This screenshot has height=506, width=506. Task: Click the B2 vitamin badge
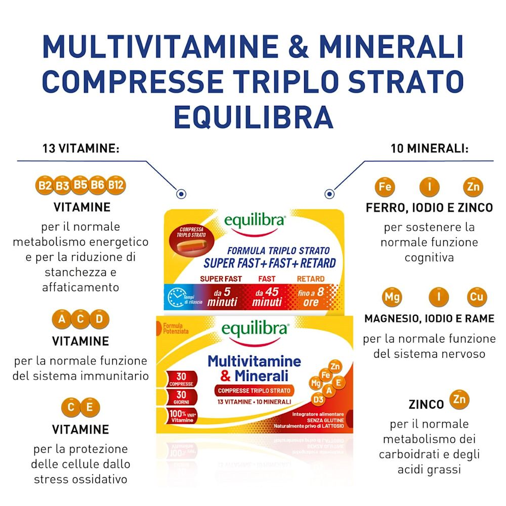click(45, 186)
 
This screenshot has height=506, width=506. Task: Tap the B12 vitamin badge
click(116, 185)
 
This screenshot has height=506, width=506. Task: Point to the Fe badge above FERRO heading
click(385, 187)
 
